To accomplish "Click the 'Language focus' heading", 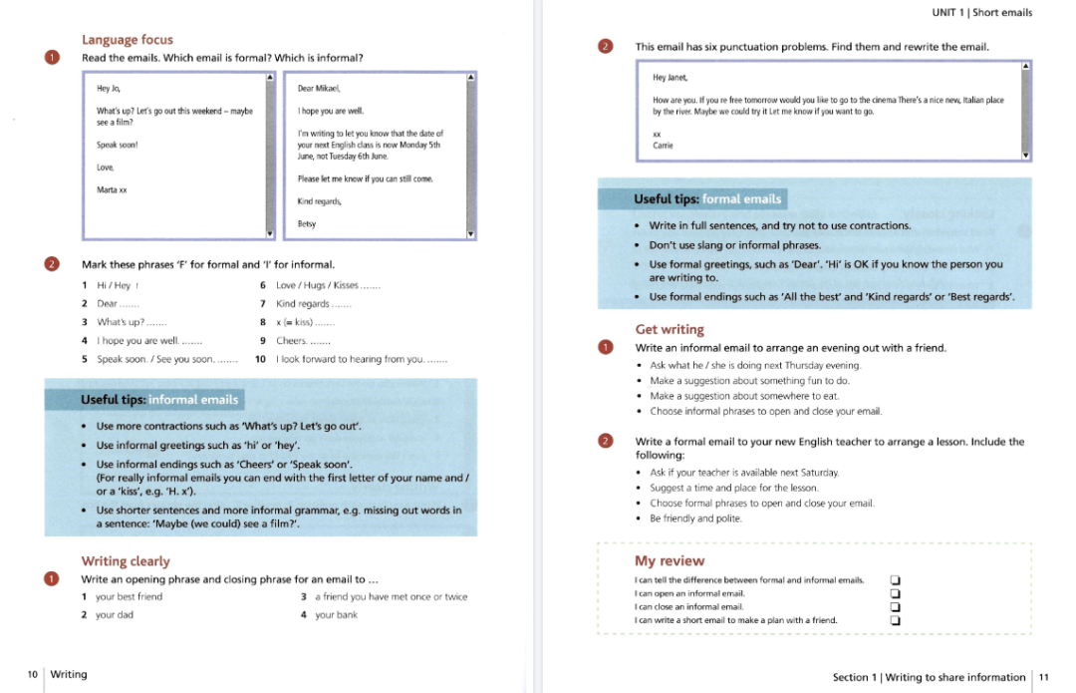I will tap(127, 40).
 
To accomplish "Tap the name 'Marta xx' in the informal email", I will tap(112, 189).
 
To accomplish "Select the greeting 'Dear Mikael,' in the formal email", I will tap(319, 89).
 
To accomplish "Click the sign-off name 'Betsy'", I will tap(307, 224).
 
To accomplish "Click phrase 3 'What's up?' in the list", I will tap(121, 322).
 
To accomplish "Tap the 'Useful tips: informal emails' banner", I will tap(159, 400).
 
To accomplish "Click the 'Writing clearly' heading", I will tap(126, 561).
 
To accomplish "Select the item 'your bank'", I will tap(336, 615).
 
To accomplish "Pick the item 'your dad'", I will tap(115, 615).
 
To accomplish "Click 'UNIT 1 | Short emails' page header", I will tap(981, 13).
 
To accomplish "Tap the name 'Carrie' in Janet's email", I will tap(663, 146).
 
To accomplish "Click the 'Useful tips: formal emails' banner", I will tap(708, 199).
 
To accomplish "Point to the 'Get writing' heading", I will tap(670, 329).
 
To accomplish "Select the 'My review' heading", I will tap(670, 561).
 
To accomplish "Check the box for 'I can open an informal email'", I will tap(895, 593).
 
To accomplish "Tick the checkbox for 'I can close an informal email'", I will tap(895, 606).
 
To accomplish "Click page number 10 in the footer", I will tap(33, 675).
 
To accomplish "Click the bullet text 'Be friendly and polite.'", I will tap(695, 519).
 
